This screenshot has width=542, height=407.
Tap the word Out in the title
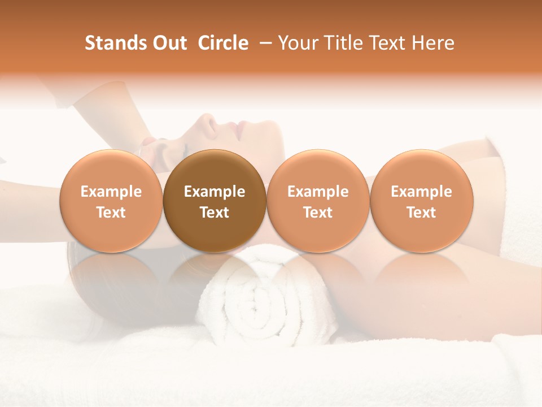(x=168, y=43)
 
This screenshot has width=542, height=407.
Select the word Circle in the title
(x=223, y=43)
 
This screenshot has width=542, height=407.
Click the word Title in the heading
(x=340, y=43)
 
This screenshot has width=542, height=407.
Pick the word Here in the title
(x=433, y=43)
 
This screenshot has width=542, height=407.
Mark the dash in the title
(x=262, y=43)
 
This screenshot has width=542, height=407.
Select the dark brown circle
(x=215, y=201)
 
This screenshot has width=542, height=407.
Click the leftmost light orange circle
(x=111, y=201)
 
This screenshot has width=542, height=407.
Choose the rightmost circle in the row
(x=421, y=201)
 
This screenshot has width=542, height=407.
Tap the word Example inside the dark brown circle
(x=215, y=192)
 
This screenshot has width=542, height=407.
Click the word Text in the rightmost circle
(x=421, y=213)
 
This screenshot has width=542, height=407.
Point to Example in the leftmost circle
(x=111, y=192)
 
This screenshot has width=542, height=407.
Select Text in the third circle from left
(x=318, y=213)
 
